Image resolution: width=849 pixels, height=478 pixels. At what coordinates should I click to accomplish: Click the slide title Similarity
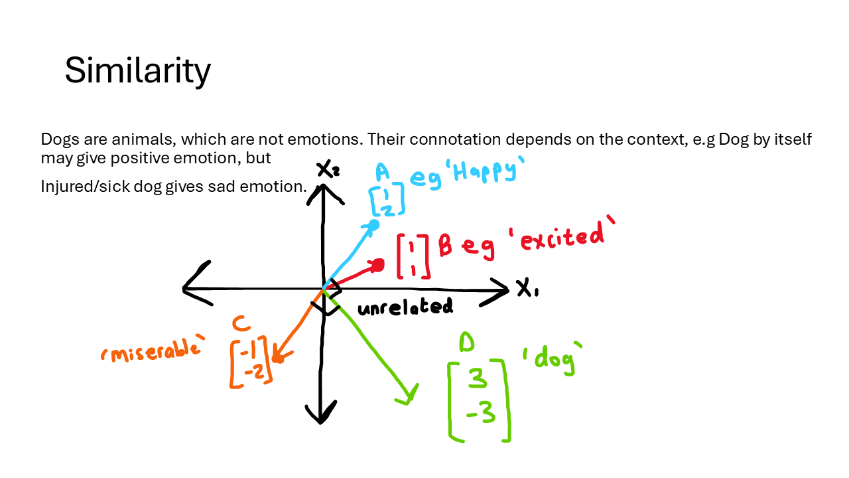pos(137,70)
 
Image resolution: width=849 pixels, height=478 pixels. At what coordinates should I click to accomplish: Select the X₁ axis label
pos(527,289)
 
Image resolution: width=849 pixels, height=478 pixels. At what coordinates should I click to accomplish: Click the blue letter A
pos(382,173)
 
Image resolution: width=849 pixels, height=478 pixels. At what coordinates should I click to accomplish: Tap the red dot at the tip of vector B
pos(378,266)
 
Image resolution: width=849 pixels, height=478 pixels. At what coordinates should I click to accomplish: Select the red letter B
pos(445,247)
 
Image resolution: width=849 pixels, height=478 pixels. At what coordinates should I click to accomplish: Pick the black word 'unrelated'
pos(405,307)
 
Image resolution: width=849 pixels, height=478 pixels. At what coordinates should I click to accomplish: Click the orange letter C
pos(241,324)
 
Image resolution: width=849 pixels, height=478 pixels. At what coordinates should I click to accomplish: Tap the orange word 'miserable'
pos(151,351)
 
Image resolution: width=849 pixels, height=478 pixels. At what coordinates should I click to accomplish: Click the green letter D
pos(468,343)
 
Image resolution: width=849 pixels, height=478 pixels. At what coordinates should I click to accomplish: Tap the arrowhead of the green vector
pos(408,396)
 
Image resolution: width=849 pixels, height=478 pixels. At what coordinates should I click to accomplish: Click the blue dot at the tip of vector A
pos(373,225)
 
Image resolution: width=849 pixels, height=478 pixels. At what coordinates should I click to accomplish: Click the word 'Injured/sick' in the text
pos(78,187)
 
